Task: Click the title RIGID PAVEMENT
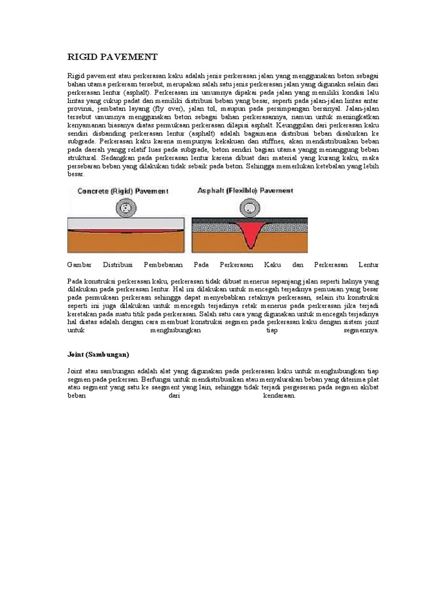pyautogui.click(x=112, y=56)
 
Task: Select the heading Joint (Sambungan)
pyautogui.click(x=98, y=354)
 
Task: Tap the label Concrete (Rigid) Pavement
pyautogui.click(x=123, y=191)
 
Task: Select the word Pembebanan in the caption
pyautogui.click(x=164, y=265)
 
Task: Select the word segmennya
pyautogui.click(x=360, y=330)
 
